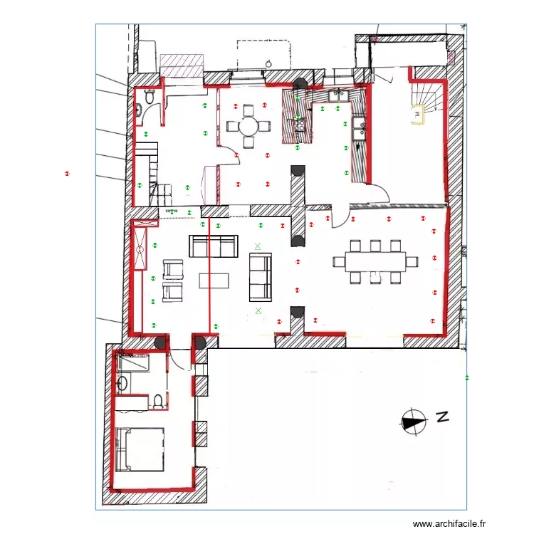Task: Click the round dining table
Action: pyautogui.click(x=248, y=127)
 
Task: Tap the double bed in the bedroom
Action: pyautogui.click(x=141, y=449)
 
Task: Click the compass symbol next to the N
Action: pyautogui.click(x=412, y=422)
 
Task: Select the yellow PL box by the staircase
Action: pyautogui.click(x=416, y=112)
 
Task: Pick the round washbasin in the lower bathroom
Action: pyautogui.click(x=122, y=384)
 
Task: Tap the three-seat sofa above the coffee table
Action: pyautogui.click(x=212, y=246)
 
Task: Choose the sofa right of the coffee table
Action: pyautogui.click(x=260, y=276)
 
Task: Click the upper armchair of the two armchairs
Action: pyautogui.click(x=173, y=269)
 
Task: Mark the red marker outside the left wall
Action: pyautogui.click(x=68, y=173)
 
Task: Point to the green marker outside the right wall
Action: pyautogui.click(x=466, y=377)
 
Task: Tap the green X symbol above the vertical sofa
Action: pyautogui.click(x=258, y=246)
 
